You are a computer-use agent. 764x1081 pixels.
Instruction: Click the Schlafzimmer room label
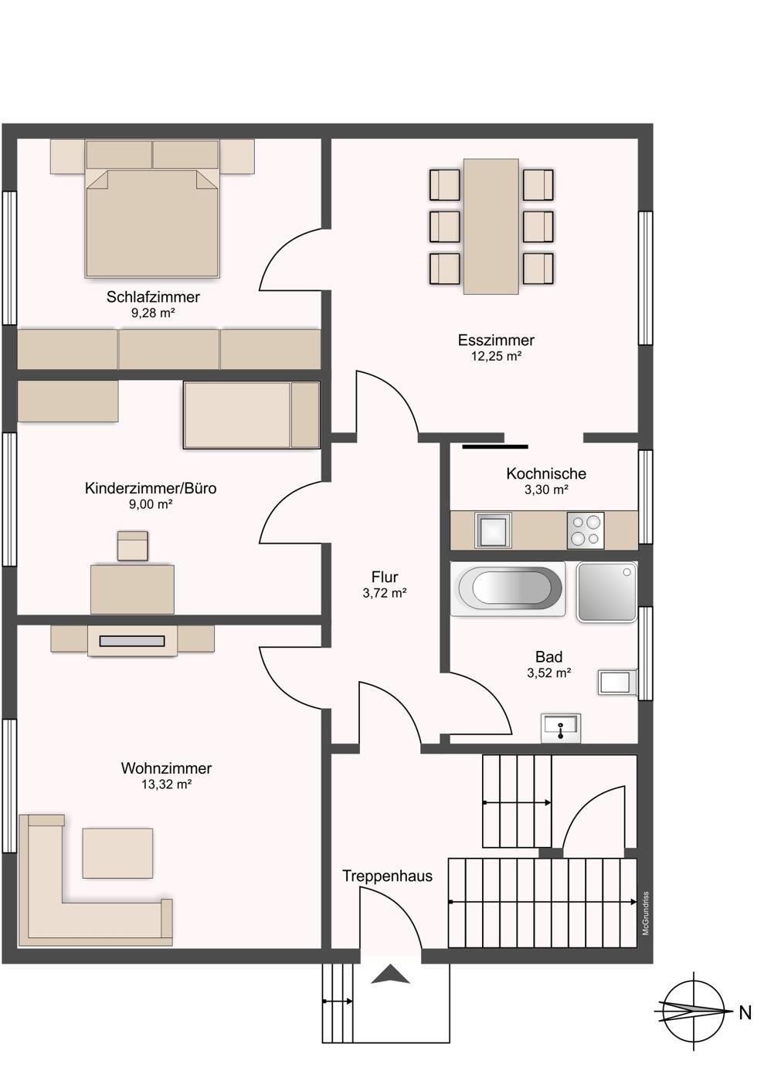coord(153,297)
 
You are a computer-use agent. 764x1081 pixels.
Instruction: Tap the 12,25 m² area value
coord(496,356)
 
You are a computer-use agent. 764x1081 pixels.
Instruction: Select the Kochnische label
coord(546,473)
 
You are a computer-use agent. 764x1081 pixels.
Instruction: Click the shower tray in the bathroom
coord(607,591)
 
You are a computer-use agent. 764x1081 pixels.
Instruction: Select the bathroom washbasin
coord(561,727)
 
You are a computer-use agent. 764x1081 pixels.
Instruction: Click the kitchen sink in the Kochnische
coord(493,530)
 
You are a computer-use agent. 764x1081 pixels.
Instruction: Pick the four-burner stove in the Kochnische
coord(586,530)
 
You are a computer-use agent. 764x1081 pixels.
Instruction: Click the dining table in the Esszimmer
coord(491,225)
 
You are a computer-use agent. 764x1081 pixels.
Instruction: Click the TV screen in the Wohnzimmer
coord(132,642)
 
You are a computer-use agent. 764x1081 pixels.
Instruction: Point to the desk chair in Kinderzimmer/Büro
coord(133,546)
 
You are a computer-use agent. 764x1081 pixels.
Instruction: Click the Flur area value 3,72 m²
coord(385,593)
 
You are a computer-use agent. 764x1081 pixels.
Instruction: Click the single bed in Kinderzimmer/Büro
coord(252,415)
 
